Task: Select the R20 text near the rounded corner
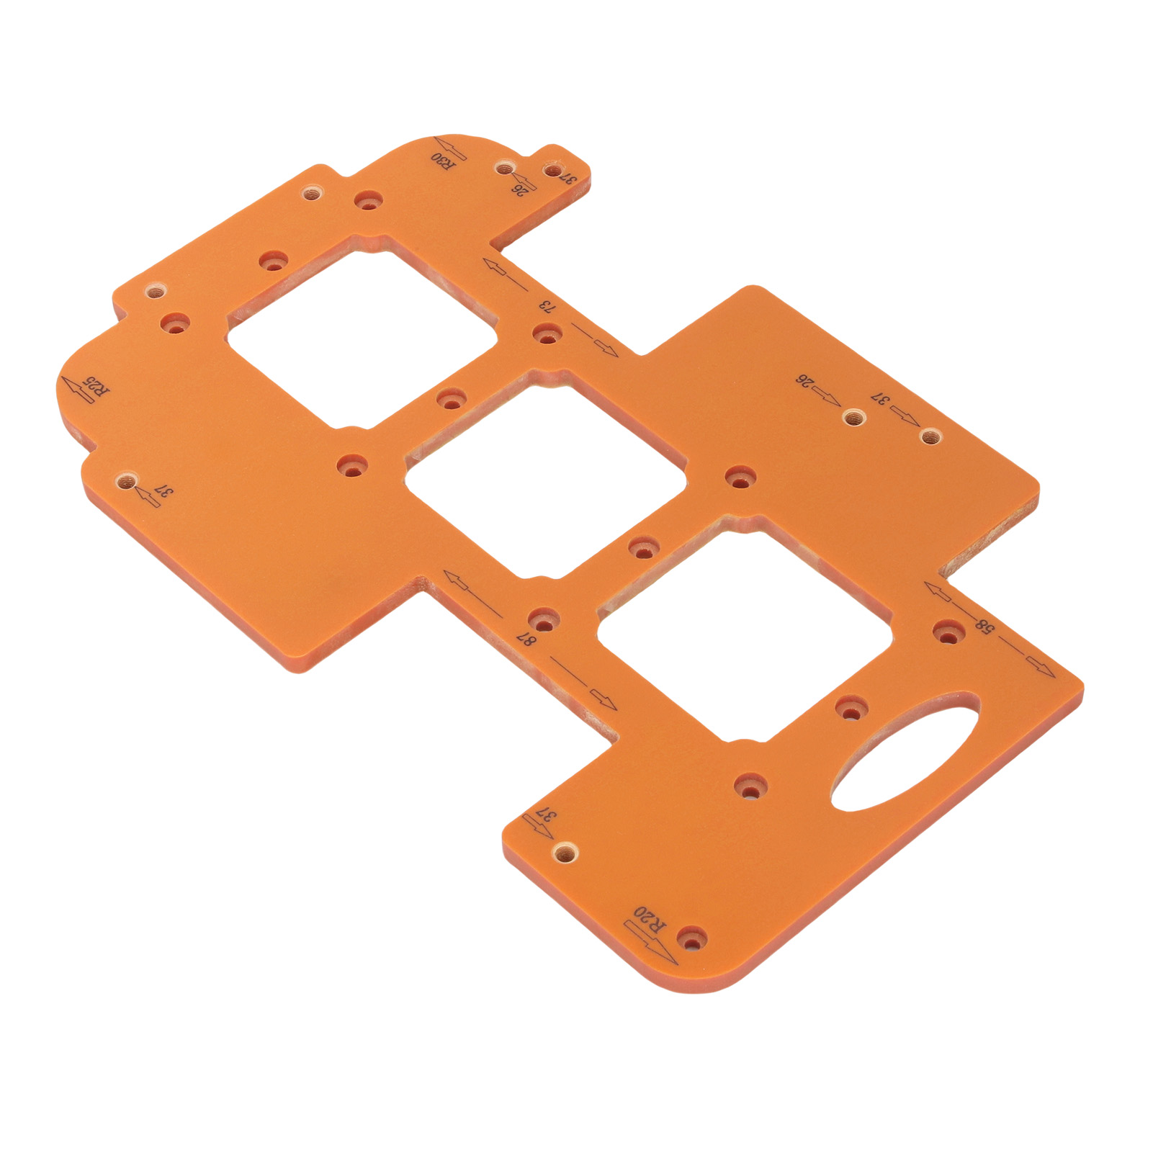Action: (650, 920)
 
